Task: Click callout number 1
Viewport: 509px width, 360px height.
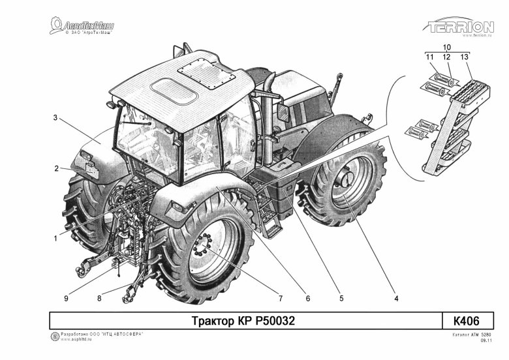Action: [55, 238]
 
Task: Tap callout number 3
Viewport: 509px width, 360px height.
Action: [56, 118]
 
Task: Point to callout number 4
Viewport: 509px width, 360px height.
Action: [395, 299]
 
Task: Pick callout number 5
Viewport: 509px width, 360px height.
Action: [341, 299]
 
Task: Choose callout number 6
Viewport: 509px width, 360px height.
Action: [307, 299]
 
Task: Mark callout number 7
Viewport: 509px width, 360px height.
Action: [279, 299]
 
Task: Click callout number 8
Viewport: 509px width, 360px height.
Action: [99, 299]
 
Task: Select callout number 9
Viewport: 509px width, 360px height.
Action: [66, 299]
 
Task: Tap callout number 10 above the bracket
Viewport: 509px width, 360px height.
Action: [447, 48]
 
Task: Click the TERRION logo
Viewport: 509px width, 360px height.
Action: [461, 27]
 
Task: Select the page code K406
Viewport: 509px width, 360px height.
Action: [466, 321]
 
